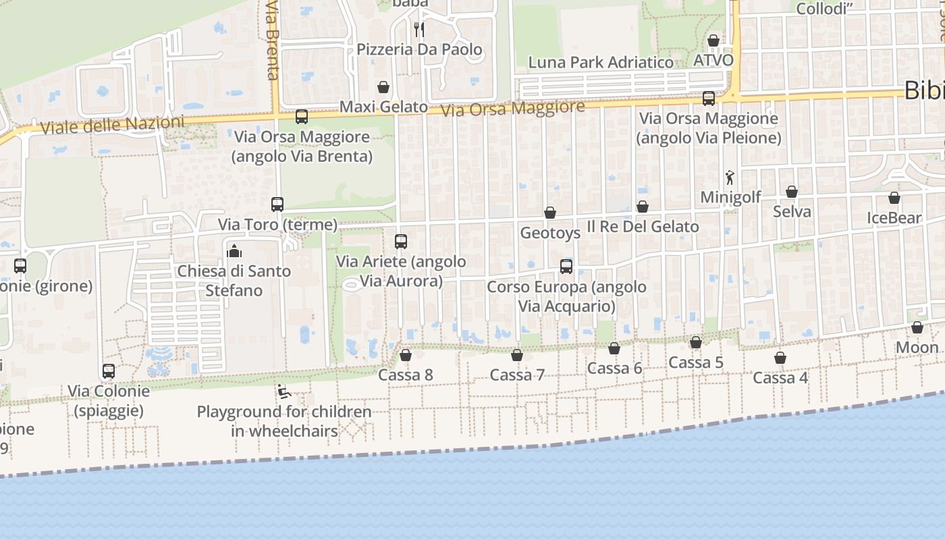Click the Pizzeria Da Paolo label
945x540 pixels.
[x=419, y=49]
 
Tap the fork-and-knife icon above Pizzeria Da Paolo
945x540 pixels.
[x=419, y=30]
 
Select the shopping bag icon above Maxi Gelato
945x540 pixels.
[x=383, y=87]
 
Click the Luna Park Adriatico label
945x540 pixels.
[x=601, y=63]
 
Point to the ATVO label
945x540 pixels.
[x=713, y=60]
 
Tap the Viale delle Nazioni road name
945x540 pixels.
[x=112, y=125]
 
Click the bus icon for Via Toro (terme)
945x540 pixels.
[x=277, y=204]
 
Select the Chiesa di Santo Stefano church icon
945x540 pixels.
[x=234, y=251]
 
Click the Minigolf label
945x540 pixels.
[x=730, y=197]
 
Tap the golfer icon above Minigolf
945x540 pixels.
[x=730, y=178]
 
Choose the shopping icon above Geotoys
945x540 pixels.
[x=550, y=213]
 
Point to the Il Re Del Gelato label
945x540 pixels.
[x=643, y=226]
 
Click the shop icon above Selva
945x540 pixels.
[x=792, y=192]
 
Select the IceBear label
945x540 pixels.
[x=894, y=218]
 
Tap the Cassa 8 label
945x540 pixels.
[x=406, y=375]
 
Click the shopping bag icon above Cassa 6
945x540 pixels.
[x=614, y=348]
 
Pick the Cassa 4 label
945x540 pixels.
[x=780, y=377]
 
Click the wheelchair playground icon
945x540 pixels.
[x=284, y=391]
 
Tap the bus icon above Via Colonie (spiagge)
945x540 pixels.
[x=109, y=371]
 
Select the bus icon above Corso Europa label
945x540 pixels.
[x=566, y=267]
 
